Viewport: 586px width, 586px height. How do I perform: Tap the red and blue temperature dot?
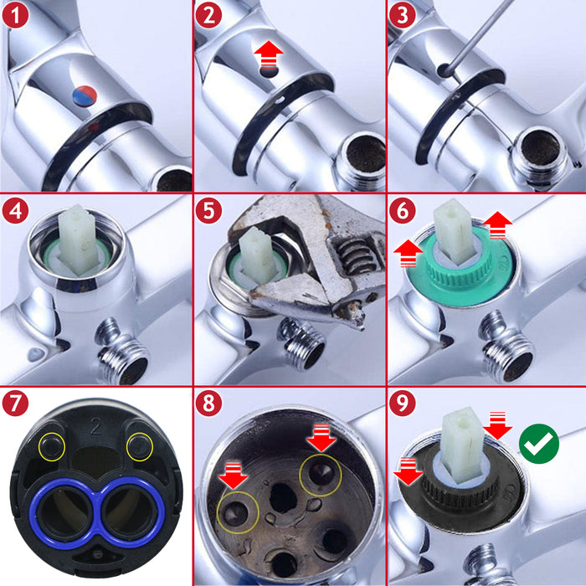(x=86, y=95)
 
